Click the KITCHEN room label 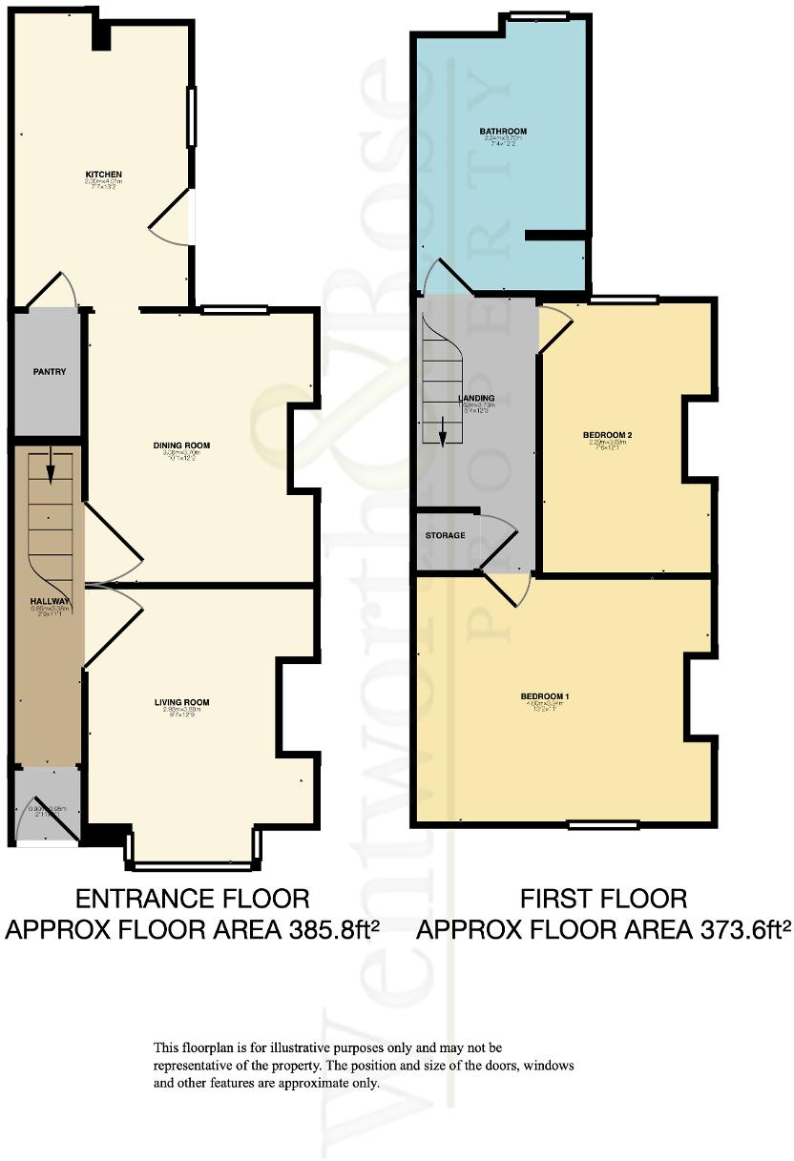pos(104,174)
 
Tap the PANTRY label pos(49,371)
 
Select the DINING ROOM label pos(181,446)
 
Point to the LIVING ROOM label pos(181,703)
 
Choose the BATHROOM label pos(503,132)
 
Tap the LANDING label pos(475,398)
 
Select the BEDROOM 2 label pos(608,435)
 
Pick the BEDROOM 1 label pos(545,696)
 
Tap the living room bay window pos(192,864)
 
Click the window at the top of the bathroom pos(538,15)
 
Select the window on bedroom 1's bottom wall pos(602,823)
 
